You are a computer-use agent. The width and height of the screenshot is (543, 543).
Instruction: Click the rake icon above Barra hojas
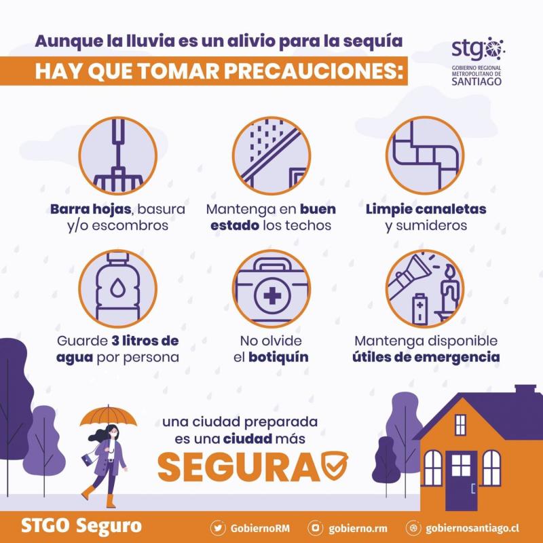point(117,157)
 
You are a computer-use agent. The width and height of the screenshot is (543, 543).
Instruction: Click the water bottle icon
point(117,289)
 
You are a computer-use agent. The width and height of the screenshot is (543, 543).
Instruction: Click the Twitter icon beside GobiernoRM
point(218,527)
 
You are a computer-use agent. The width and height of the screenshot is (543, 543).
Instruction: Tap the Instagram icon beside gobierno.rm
point(314,527)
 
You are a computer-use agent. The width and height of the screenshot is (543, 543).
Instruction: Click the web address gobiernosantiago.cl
point(472,527)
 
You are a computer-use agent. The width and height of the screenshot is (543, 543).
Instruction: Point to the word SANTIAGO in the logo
point(478,82)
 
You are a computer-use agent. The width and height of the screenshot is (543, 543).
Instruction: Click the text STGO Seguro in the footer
point(81,526)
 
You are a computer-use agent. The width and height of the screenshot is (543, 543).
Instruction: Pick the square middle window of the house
point(461,465)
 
